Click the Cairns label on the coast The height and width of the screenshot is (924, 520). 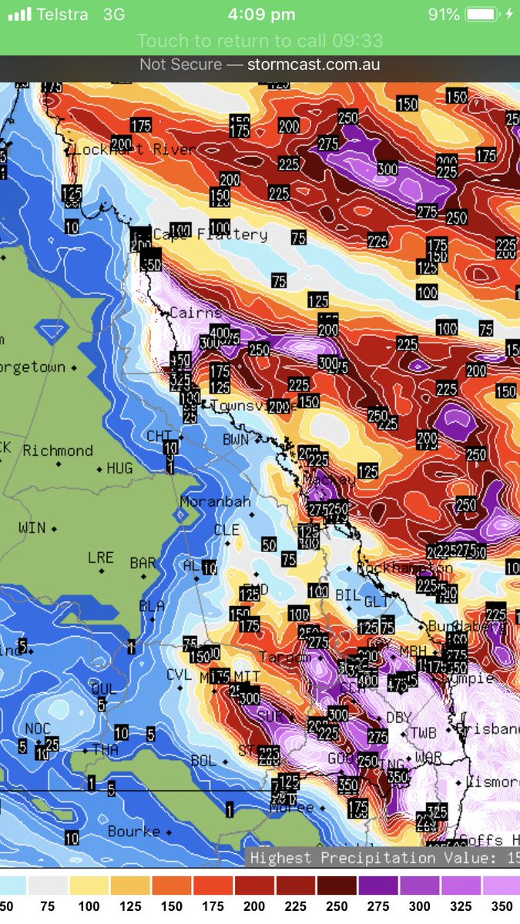point(196,313)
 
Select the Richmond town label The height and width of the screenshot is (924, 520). point(58,450)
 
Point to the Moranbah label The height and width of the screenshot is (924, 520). point(216,501)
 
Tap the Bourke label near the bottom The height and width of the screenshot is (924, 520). point(134,831)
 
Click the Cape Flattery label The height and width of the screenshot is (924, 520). point(210,234)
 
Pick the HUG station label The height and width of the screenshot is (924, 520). point(119,468)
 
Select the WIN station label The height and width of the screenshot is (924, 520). point(32,528)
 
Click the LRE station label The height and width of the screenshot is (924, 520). point(101,557)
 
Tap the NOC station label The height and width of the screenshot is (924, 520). point(37,728)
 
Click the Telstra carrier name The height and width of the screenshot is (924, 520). point(62,15)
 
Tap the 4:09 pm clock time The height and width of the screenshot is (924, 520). point(262,15)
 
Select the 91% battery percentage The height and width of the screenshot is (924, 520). point(445,15)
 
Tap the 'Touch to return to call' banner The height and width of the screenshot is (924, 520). point(260,41)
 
